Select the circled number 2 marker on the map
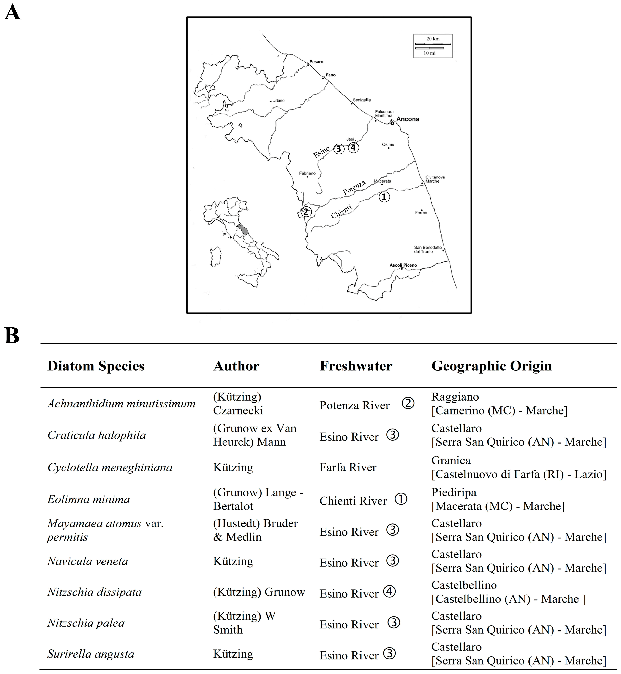click(306, 212)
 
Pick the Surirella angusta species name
click(91, 653)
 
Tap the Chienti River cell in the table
click(353, 501)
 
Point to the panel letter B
click(12, 336)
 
